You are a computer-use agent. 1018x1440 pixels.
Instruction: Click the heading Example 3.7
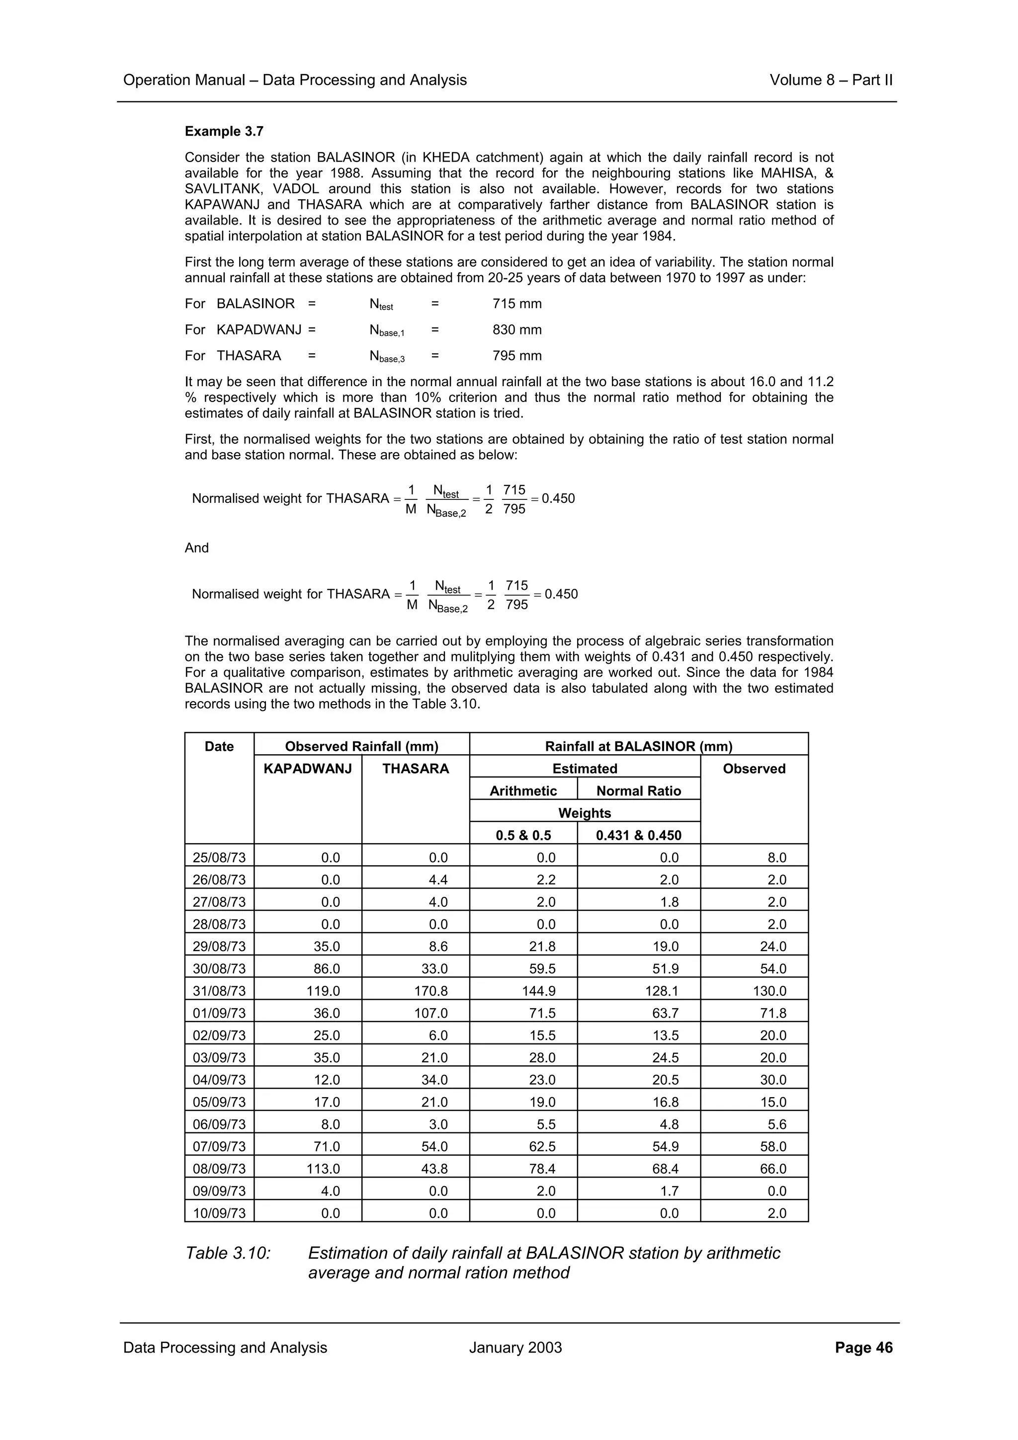[224, 132]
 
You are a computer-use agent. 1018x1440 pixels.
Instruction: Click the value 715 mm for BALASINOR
[517, 304]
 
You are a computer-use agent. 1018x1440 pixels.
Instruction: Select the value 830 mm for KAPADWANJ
[517, 330]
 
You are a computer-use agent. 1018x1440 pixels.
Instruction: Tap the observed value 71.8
[773, 1013]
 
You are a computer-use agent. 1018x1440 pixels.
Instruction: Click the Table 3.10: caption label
[228, 1253]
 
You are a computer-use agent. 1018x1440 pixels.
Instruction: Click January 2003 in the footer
[515, 1348]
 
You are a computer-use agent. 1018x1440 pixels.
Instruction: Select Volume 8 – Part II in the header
[831, 80]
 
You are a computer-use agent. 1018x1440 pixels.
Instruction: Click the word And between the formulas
[196, 548]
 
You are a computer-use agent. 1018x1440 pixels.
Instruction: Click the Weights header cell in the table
[584, 813]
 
